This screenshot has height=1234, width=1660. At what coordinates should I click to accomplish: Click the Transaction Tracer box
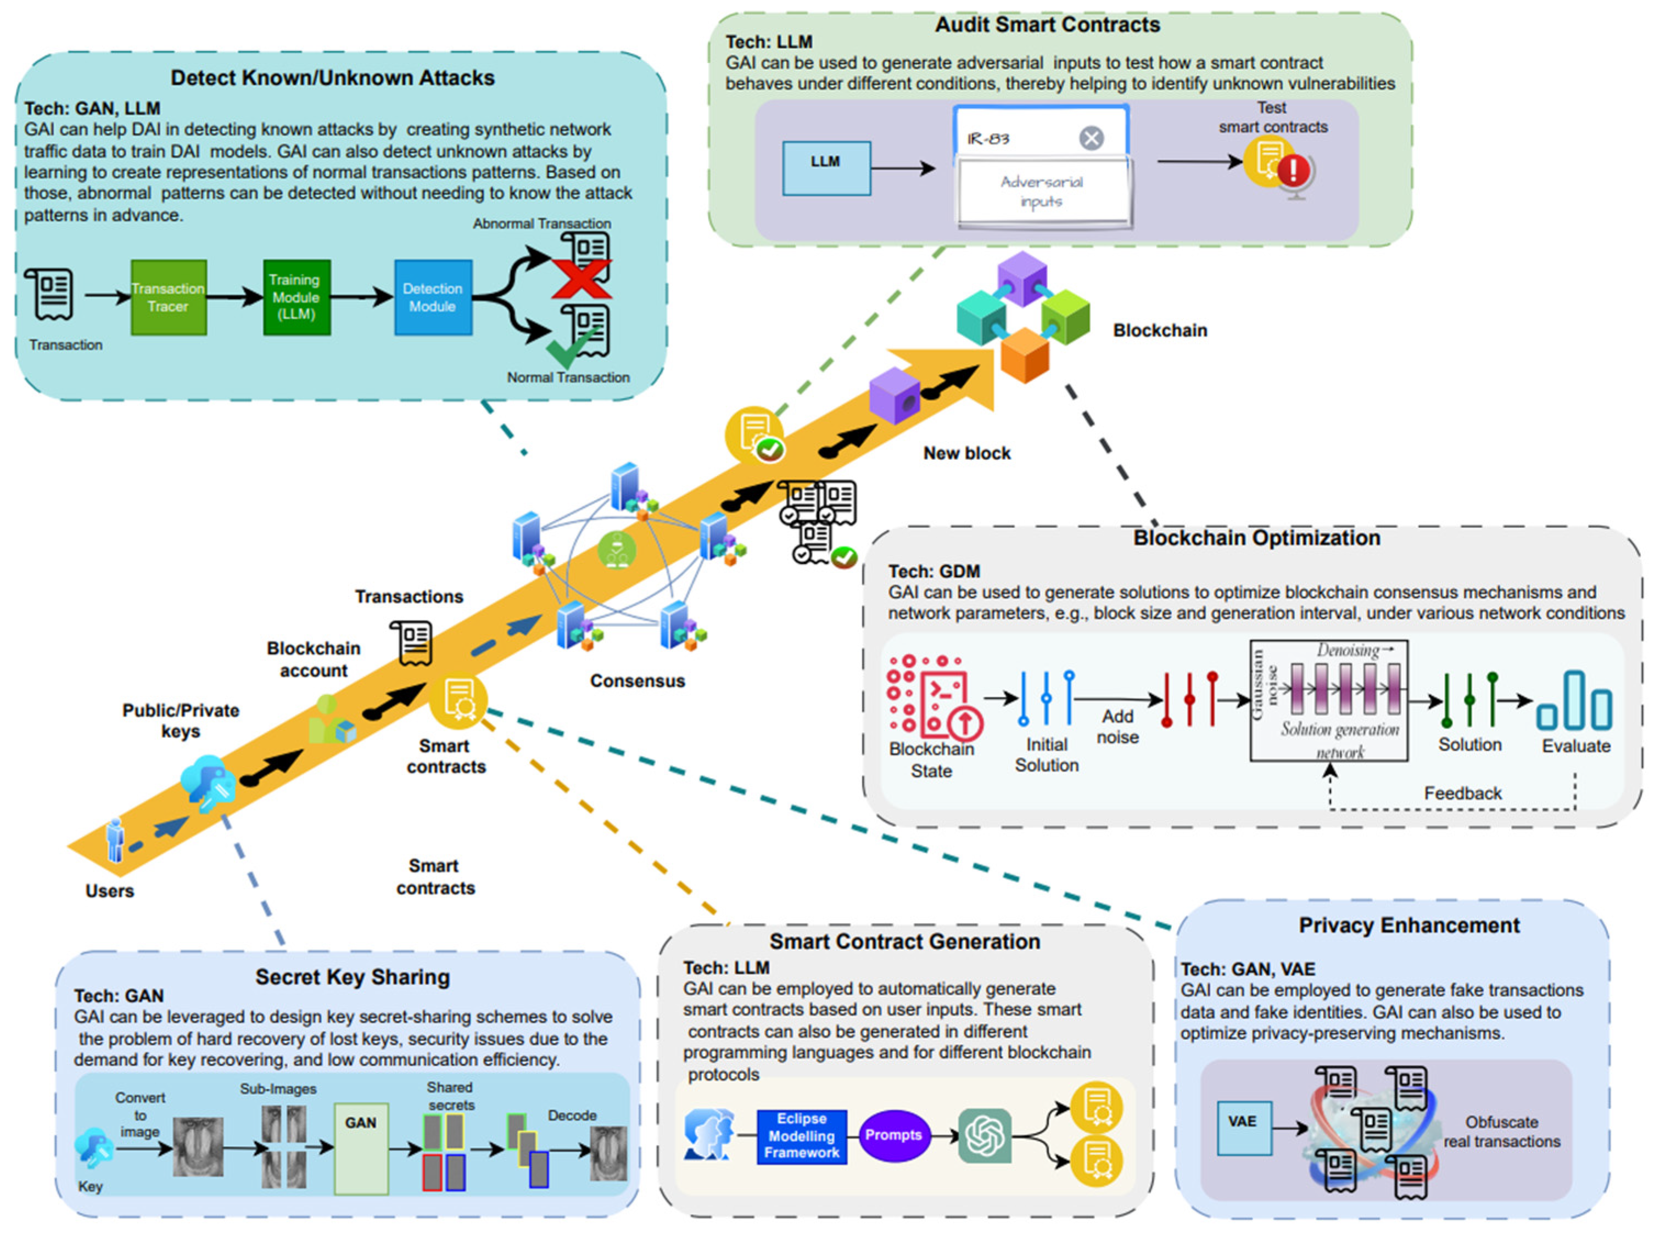(168, 297)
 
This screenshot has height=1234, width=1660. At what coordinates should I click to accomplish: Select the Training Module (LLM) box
(297, 297)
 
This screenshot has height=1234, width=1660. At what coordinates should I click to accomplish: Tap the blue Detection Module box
(433, 297)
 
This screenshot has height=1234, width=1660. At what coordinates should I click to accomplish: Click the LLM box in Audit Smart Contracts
(826, 168)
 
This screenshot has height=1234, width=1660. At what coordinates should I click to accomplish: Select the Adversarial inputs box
(1043, 192)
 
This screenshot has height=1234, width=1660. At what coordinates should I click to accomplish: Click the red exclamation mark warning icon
(1293, 170)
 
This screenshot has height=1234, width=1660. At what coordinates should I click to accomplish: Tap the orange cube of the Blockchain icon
(1025, 356)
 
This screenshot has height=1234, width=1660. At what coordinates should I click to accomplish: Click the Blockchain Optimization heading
(1256, 538)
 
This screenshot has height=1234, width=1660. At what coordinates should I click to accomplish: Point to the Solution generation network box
(1329, 701)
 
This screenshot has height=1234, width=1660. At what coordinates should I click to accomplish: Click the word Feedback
(1462, 793)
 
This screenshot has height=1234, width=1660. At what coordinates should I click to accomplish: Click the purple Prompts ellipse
(894, 1135)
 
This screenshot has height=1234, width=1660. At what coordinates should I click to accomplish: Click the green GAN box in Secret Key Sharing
(361, 1149)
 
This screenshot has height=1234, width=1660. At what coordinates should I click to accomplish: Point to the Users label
(110, 891)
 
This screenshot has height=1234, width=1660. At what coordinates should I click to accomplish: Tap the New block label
(966, 453)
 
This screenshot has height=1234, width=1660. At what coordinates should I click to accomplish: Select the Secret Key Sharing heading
(353, 977)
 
